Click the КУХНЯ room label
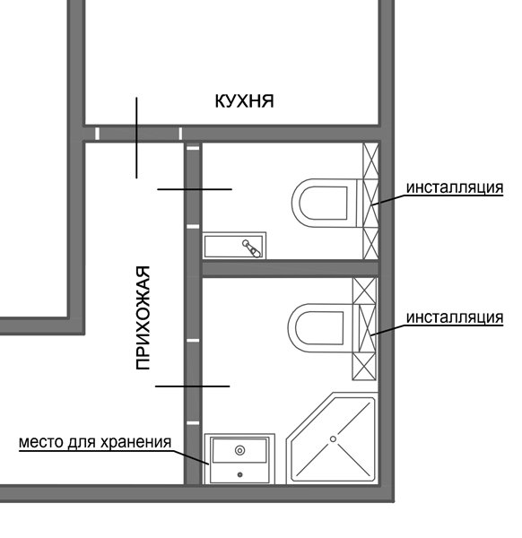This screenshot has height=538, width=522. (x=244, y=101)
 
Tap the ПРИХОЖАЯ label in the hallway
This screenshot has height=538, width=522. (x=143, y=317)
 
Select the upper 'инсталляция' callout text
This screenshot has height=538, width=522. (x=455, y=188)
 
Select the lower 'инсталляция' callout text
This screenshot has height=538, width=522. (x=455, y=317)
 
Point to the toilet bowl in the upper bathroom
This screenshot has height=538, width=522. (x=325, y=203)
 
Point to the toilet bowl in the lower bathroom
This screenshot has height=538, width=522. (x=321, y=327)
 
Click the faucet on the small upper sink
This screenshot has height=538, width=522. (x=252, y=248)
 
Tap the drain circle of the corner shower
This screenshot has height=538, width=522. (x=333, y=438)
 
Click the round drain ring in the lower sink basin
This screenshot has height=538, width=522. (x=239, y=450)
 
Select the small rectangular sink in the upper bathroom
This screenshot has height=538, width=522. (x=234, y=246)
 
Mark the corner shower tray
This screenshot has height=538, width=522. (x=332, y=438)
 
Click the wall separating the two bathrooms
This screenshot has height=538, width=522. (x=291, y=268)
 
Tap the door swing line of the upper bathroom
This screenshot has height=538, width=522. (x=195, y=189)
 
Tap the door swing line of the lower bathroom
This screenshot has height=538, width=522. (x=192, y=386)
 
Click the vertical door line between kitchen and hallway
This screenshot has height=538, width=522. (x=136, y=138)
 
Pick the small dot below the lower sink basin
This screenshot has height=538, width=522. (x=239, y=475)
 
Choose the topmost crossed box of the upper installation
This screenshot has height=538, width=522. (x=371, y=161)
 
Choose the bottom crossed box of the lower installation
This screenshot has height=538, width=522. (x=364, y=366)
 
